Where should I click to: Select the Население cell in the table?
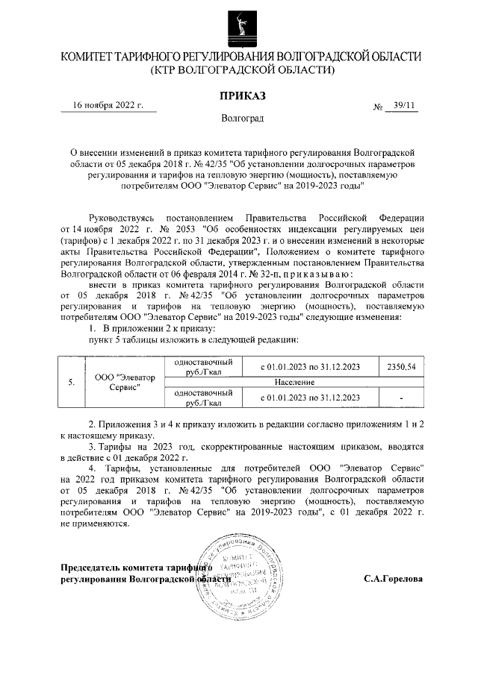[308, 381]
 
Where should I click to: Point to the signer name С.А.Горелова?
[393, 578]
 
